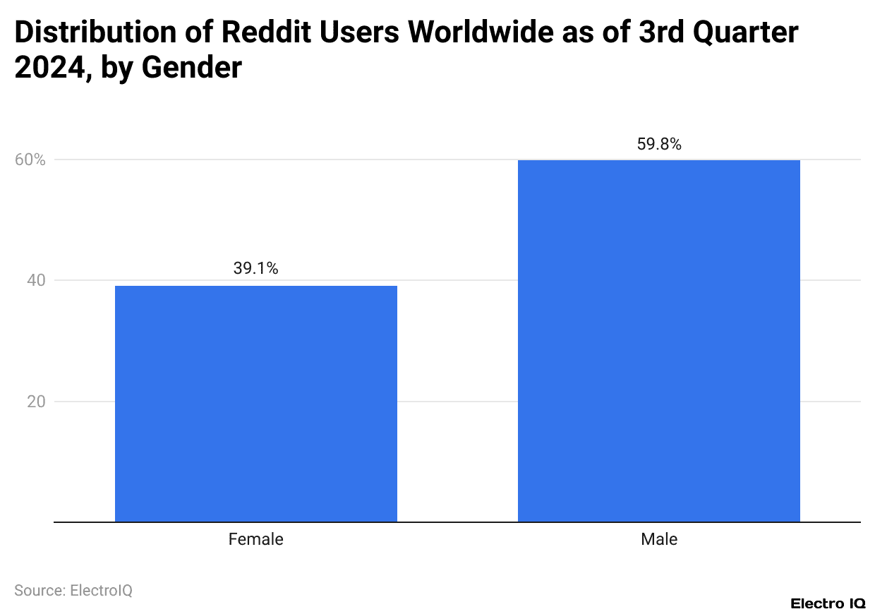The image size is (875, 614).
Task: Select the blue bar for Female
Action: point(255,404)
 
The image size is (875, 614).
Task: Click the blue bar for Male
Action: point(658,341)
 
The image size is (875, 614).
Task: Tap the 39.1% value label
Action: point(255,269)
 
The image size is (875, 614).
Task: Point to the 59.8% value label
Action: point(659,145)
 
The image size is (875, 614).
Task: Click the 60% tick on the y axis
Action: point(30,160)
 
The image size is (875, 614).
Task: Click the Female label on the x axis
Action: point(255,540)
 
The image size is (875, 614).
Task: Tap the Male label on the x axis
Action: point(659,540)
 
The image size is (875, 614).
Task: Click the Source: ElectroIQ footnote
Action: point(73,591)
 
